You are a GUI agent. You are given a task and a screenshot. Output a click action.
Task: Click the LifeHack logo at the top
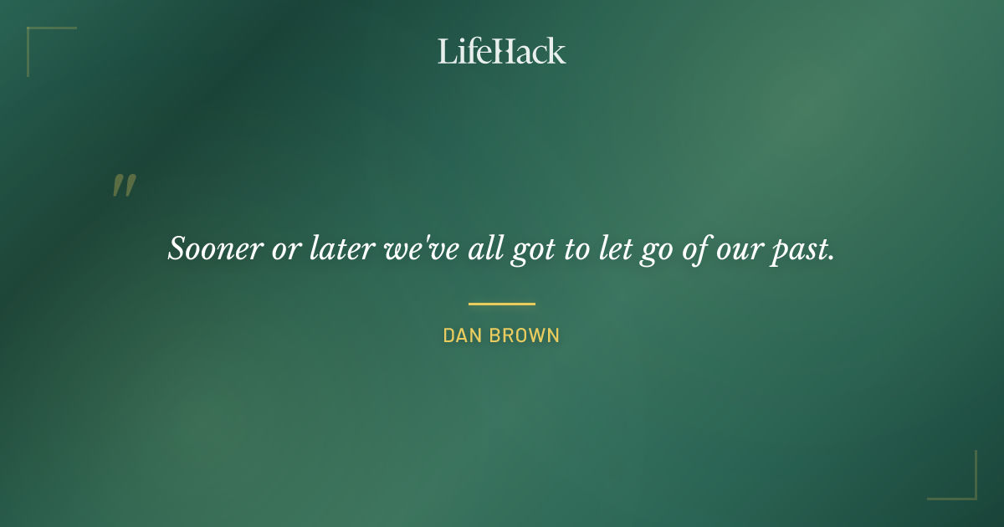pos(501,51)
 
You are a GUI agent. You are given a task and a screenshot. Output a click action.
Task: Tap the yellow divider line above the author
pos(501,304)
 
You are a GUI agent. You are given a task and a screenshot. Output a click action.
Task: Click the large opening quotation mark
pos(124,186)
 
